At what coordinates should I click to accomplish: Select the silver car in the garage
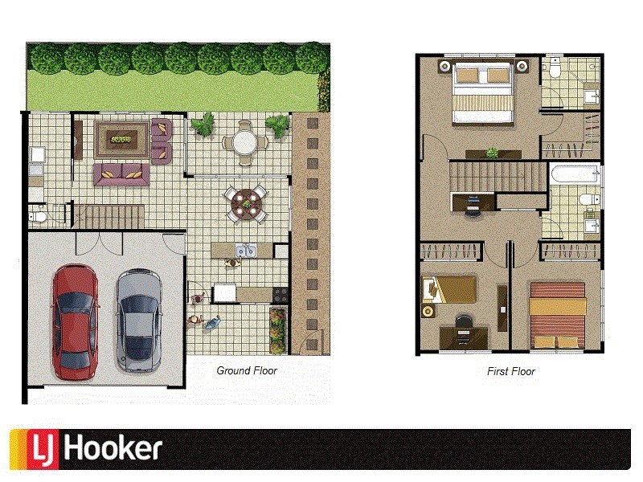pyautogui.click(x=137, y=321)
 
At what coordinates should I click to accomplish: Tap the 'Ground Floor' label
pyautogui.click(x=247, y=370)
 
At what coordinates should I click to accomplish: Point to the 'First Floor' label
pyautogui.click(x=510, y=371)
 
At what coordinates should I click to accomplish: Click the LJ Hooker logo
pyautogui.click(x=87, y=449)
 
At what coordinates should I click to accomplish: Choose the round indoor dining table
pyautogui.click(x=245, y=204)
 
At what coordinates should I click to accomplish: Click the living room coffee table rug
pyautogui.click(x=122, y=139)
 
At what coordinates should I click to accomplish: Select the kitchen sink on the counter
pyautogui.click(x=244, y=251)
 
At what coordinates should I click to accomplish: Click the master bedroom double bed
pyautogui.click(x=483, y=94)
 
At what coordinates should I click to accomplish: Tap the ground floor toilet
pyautogui.click(x=37, y=214)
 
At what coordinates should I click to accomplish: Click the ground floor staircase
pyautogui.click(x=113, y=215)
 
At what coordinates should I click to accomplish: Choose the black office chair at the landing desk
pyautogui.click(x=473, y=207)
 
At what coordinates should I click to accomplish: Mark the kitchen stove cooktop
pyautogui.click(x=279, y=293)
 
